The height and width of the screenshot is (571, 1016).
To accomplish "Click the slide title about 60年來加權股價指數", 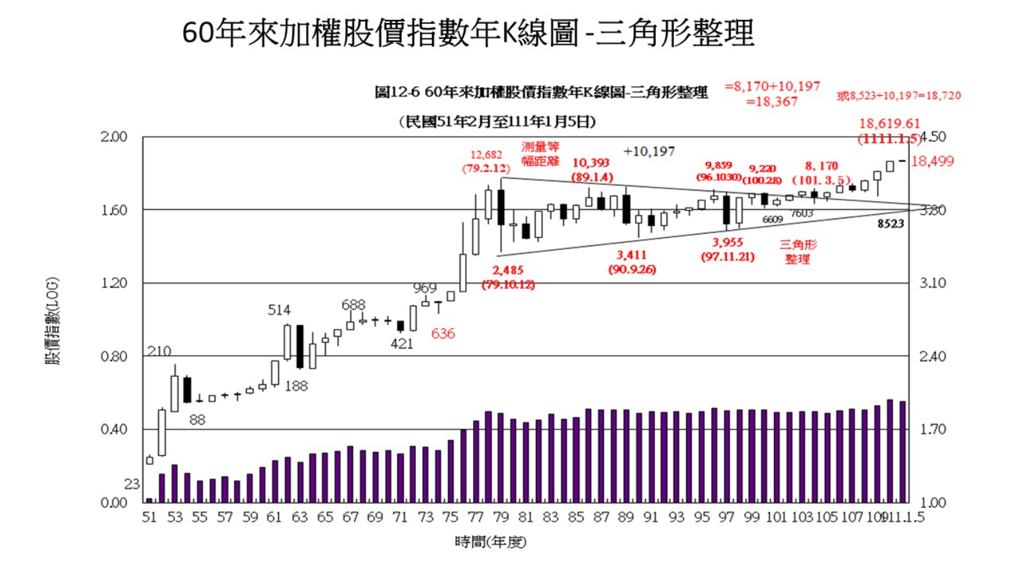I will click(x=468, y=32).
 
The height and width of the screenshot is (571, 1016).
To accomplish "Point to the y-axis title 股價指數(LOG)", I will click(x=52, y=321).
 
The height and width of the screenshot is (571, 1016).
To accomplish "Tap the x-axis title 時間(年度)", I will click(x=490, y=542).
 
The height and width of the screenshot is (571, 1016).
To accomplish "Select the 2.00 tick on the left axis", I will click(x=114, y=137).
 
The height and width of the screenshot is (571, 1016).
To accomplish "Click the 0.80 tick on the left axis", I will click(x=114, y=356).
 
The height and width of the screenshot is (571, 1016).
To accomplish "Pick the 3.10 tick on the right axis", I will click(x=933, y=283).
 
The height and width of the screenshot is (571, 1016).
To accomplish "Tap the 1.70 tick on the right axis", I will click(x=933, y=430).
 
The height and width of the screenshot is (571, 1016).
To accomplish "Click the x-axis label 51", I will click(x=149, y=517).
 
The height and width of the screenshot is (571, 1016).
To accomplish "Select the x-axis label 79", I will click(x=501, y=517).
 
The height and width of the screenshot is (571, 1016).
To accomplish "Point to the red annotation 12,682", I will click(x=486, y=155).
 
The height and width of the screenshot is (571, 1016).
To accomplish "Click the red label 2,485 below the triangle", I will click(x=508, y=270).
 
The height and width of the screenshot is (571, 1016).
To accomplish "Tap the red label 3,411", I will click(x=632, y=255).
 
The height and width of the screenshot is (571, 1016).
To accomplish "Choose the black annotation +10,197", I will click(x=649, y=151).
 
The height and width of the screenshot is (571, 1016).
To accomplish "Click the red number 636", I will click(x=443, y=334).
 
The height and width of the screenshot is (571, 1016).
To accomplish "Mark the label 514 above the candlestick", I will click(x=279, y=310).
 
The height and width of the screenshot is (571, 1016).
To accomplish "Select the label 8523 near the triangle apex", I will click(x=890, y=224).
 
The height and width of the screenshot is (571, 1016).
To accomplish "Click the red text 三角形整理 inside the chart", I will click(x=798, y=252).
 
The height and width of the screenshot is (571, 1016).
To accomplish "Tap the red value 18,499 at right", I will click(x=933, y=161).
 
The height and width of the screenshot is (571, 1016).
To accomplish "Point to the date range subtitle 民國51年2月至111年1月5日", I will click(x=497, y=122).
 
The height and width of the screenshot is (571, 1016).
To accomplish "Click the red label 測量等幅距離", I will click(x=540, y=154).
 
